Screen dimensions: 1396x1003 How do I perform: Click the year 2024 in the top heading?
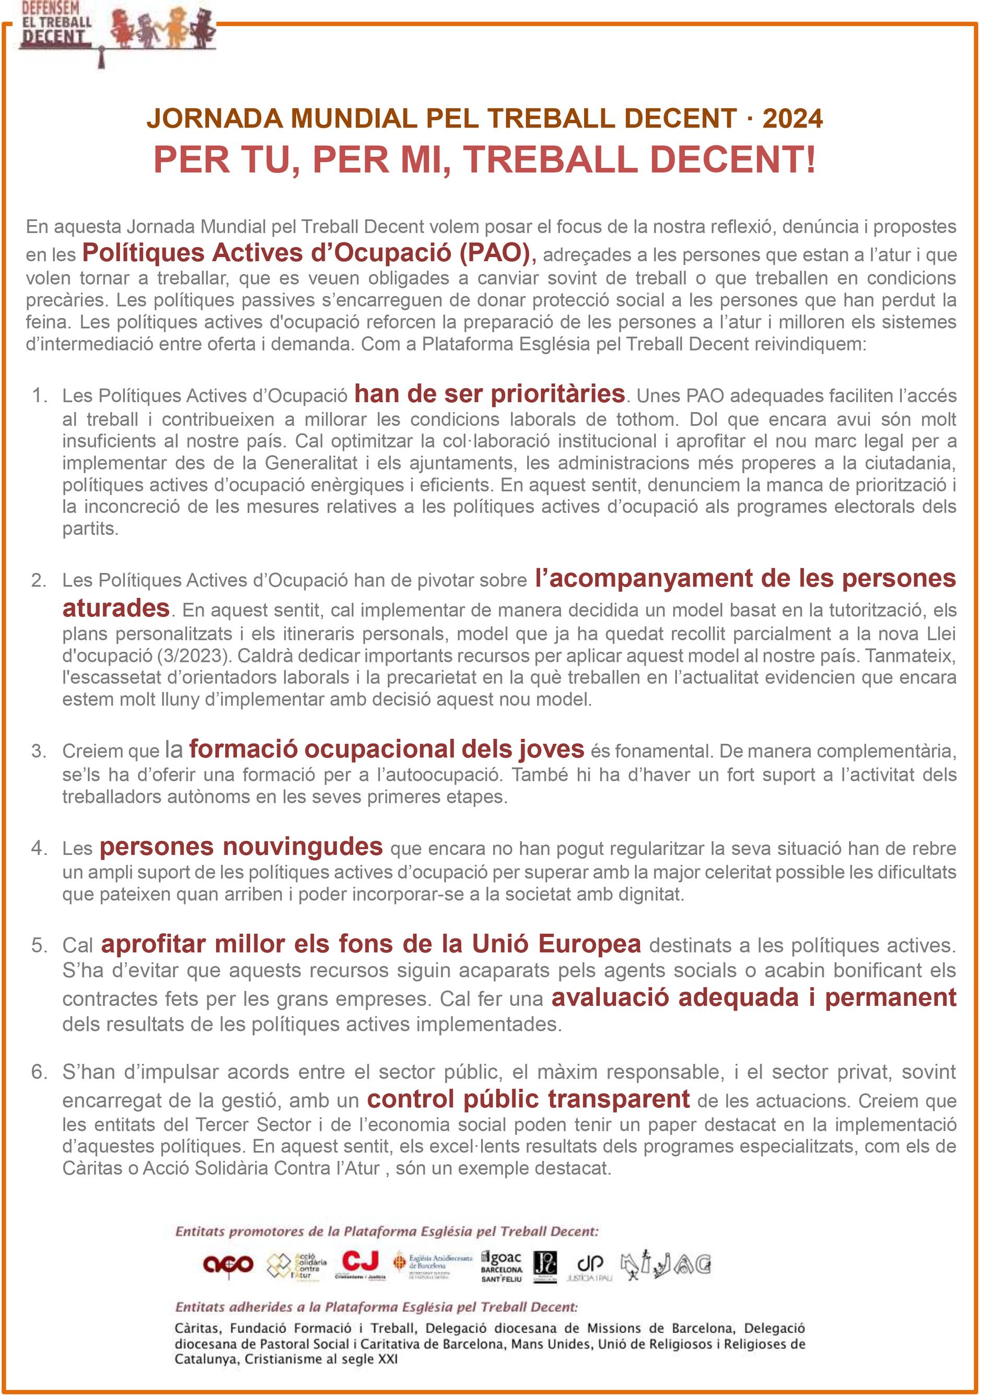pos(792,118)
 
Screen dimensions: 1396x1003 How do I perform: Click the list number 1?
pos(39,395)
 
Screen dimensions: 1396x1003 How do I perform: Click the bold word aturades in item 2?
pos(116,607)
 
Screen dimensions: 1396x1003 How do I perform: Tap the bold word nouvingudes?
pos(302,847)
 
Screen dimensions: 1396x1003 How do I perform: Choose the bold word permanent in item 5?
pos(890,997)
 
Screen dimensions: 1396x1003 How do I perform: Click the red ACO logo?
pos(228,1264)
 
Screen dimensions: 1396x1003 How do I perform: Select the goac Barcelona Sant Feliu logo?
pos(501,1265)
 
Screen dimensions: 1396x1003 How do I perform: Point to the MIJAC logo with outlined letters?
pos(666,1264)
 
